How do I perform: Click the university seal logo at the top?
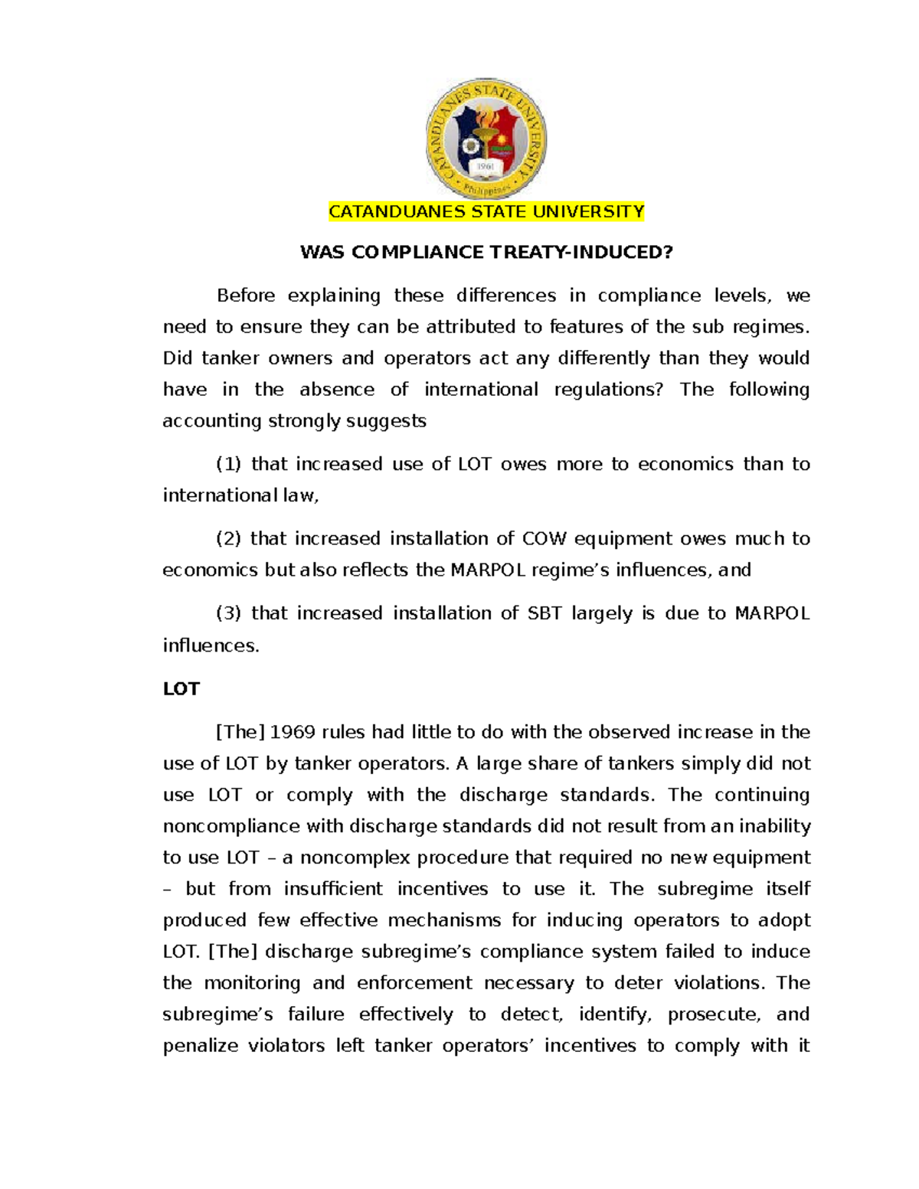coord(486,139)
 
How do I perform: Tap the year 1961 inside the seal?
coord(486,166)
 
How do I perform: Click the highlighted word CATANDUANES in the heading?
coord(397,212)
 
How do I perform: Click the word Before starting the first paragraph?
coord(245,296)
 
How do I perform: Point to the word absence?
coord(336,390)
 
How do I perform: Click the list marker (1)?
coord(228,464)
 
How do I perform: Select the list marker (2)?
coord(228,539)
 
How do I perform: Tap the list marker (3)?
coord(228,613)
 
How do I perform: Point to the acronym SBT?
coord(545,613)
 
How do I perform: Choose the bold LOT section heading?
coord(181,689)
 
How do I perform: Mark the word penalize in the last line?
coord(200,1046)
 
